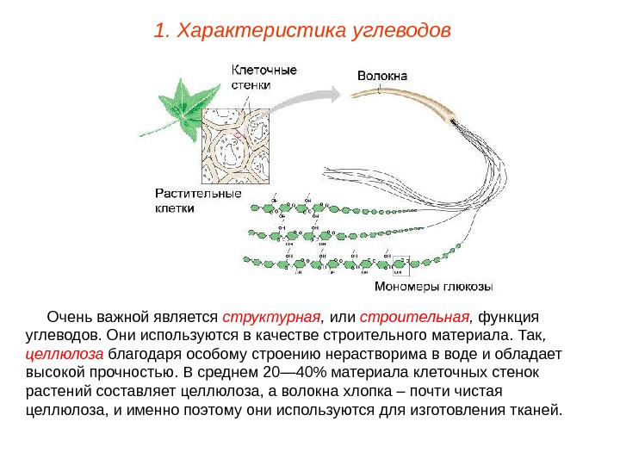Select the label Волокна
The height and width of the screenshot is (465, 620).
point(383,75)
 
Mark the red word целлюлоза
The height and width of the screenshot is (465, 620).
point(65,353)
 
